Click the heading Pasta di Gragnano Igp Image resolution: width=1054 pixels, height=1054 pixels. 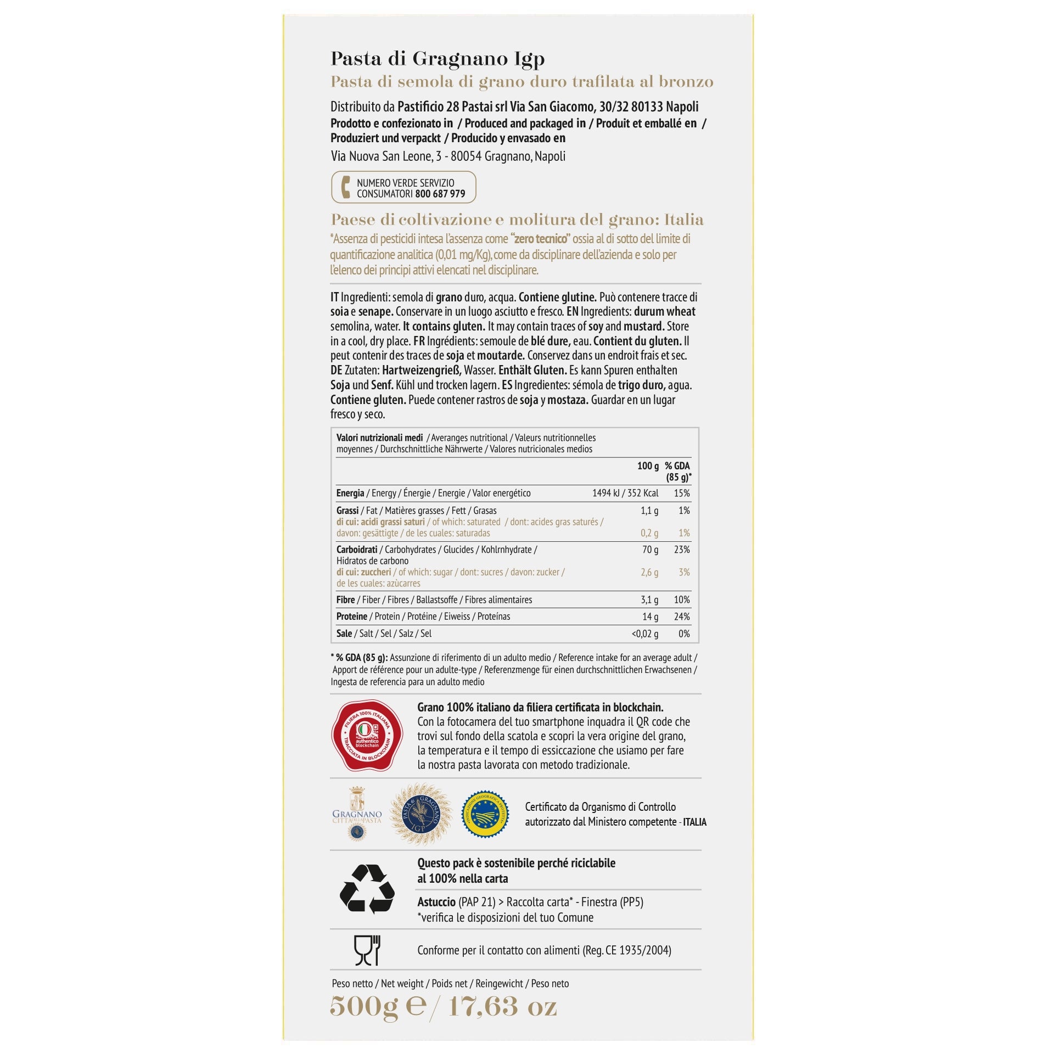click(438, 59)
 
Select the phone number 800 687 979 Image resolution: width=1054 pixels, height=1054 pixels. click(440, 194)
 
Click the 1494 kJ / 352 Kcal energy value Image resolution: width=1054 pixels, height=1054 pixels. click(625, 493)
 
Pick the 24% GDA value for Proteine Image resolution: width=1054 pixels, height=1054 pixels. click(682, 616)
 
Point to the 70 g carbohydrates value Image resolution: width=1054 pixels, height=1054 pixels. click(650, 550)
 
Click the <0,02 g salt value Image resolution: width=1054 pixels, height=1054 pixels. click(645, 633)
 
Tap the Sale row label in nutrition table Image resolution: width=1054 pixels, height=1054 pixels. click(344, 633)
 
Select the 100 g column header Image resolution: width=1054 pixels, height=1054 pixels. click(648, 466)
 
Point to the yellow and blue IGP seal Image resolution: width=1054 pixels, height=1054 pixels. click(485, 814)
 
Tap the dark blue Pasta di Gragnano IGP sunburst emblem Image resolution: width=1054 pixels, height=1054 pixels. click(416, 814)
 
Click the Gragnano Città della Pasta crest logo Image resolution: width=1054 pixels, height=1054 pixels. click(357, 814)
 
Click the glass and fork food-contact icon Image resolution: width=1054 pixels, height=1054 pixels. click(367, 950)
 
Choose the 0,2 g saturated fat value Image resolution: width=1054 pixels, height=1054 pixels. click(649, 533)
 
